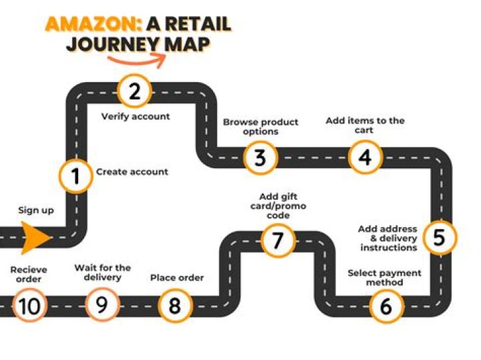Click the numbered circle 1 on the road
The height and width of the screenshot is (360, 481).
pyautogui.click(x=75, y=176)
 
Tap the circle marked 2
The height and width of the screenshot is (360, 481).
pyautogui.click(x=134, y=91)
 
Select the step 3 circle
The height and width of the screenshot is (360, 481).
pyautogui.click(x=260, y=158)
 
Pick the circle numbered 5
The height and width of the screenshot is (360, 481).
pyautogui.click(x=439, y=237)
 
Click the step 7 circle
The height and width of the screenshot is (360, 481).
pyautogui.click(x=278, y=240)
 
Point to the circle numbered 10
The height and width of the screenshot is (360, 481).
pyautogui.click(x=29, y=305)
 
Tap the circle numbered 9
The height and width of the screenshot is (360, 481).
pyautogui.click(x=102, y=305)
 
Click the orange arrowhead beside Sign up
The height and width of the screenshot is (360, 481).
pyautogui.click(x=35, y=238)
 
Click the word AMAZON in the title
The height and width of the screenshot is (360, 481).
pyautogui.click(x=94, y=24)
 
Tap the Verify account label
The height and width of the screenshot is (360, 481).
pyautogui.click(x=135, y=116)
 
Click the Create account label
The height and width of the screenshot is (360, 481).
pyautogui.click(x=132, y=172)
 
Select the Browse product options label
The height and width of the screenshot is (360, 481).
pyautogui.click(x=261, y=127)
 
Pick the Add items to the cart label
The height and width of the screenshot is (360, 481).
pyautogui.click(x=365, y=125)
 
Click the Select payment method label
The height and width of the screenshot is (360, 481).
pyautogui.click(x=384, y=277)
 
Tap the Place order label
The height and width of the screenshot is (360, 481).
pyautogui.click(x=177, y=278)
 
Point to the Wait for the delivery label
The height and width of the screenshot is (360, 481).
pyautogui.click(x=102, y=273)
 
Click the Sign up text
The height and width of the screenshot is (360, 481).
pyautogui.click(x=36, y=210)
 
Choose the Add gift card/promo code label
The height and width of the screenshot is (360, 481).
pyautogui.click(x=278, y=206)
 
